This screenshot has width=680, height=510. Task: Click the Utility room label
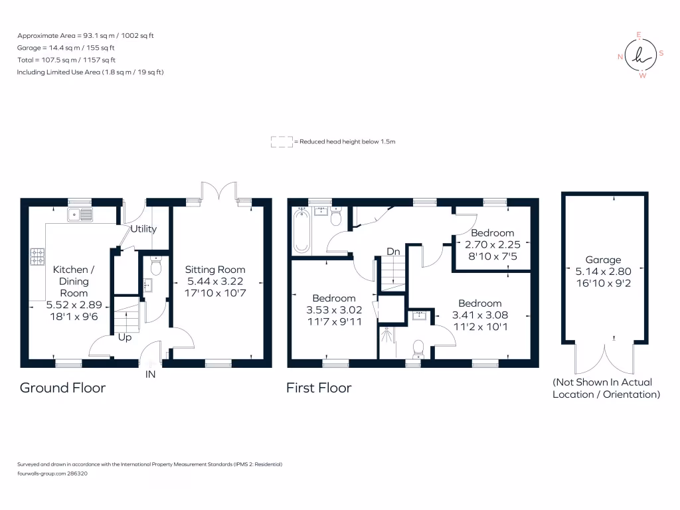tap(143, 229)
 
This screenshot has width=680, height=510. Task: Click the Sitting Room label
tap(215, 270)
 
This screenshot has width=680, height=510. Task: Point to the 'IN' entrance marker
tap(150, 375)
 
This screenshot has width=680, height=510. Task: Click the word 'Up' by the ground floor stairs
tap(125, 337)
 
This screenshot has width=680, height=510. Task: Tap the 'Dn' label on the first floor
tap(394, 252)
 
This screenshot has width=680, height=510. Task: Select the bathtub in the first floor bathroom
tap(302, 230)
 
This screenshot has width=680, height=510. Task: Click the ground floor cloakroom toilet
tap(156, 267)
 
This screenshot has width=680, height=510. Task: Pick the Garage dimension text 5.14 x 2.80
tap(603, 272)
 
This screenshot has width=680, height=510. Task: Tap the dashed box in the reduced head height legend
tap(282, 142)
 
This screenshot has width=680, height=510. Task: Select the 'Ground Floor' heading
tap(62, 387)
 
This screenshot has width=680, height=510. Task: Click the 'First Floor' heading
tap(319, 387)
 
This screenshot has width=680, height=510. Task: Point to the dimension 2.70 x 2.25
tap(492, 244)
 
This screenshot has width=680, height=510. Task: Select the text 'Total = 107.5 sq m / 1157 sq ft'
tap(66, 60)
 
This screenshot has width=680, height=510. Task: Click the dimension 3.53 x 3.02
tap(334, 310)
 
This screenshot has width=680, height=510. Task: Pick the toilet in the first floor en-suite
tap(418, 347)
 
